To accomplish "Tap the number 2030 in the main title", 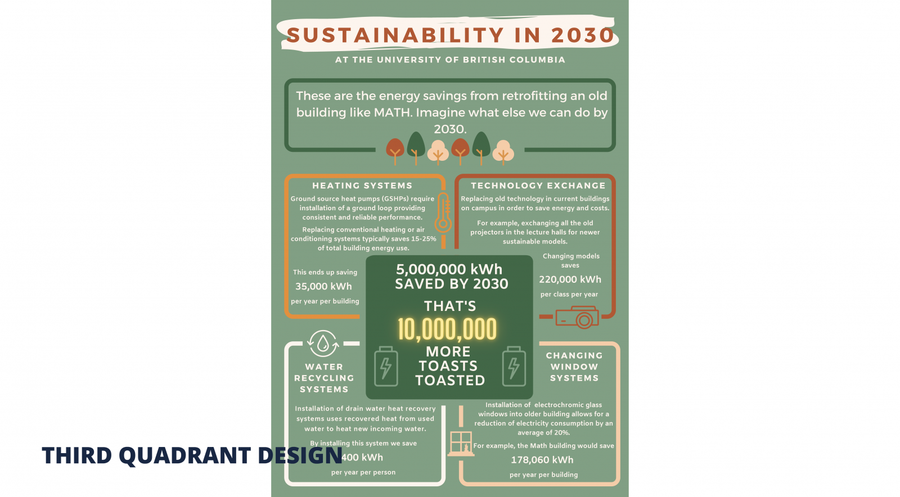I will pos(582,35).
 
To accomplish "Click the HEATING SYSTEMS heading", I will pos(362,186).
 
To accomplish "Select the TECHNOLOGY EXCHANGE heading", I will pos(538,186).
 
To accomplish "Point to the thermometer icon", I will pos(443,213).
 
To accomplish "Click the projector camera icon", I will pos(577,317).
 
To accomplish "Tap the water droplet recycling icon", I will pos(323,343).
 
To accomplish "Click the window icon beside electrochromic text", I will pos(461,442).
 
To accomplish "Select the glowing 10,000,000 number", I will pos(447,329).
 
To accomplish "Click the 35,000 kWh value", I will pos(323,286).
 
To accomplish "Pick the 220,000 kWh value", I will pos(570,279).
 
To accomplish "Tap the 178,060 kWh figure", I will pos(542,460).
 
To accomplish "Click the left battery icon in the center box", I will pos(386,367).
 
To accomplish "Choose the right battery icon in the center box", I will pos(514,367).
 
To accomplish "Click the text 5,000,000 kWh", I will pos(449,269).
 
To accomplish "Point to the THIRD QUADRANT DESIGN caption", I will pos(192,455).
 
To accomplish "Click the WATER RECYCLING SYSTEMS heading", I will pos(324,378).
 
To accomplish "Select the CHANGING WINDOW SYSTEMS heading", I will pos(574,367).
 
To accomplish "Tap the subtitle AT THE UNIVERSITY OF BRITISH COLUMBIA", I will pos(450,60).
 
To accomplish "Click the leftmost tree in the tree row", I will pos(395,150).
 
